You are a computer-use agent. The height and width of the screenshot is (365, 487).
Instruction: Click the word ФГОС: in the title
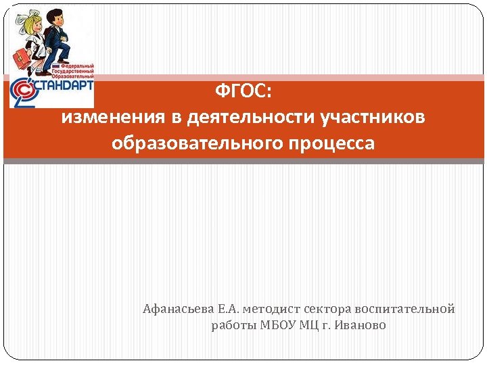(x=243, y=91)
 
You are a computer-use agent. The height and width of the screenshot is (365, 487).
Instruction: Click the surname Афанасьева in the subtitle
(x=178, y=309)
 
